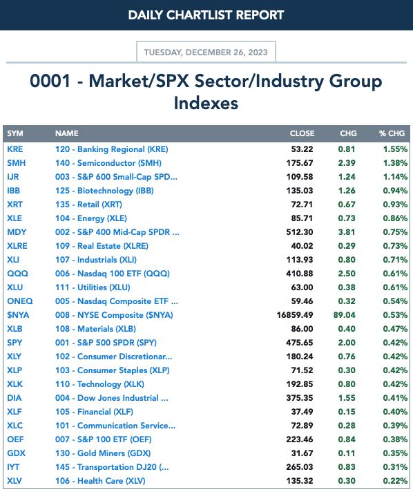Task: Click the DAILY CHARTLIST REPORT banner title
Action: (206, 15)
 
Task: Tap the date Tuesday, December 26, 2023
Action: (206, 52)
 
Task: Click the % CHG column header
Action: (392, 133)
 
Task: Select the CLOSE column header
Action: (302, 133)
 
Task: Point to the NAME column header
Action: (67, 133)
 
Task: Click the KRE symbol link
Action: (15, 149)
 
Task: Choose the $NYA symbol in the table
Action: (18, 314)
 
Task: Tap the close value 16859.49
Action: (295, 314)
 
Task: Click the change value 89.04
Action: (345, 314)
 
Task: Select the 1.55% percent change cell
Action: (395, 149)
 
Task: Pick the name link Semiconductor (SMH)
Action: (108, 163)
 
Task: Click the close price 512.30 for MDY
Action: (300, 232)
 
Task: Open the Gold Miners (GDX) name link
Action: (103, 453)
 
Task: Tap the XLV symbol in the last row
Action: (15, 481)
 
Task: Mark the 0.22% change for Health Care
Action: (395, 481)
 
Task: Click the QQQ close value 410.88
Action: (300, 274)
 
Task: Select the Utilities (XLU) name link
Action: (93, 287)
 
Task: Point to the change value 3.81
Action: (347, 232)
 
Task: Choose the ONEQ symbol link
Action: (20, 301)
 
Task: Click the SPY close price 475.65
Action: (300, 342)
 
